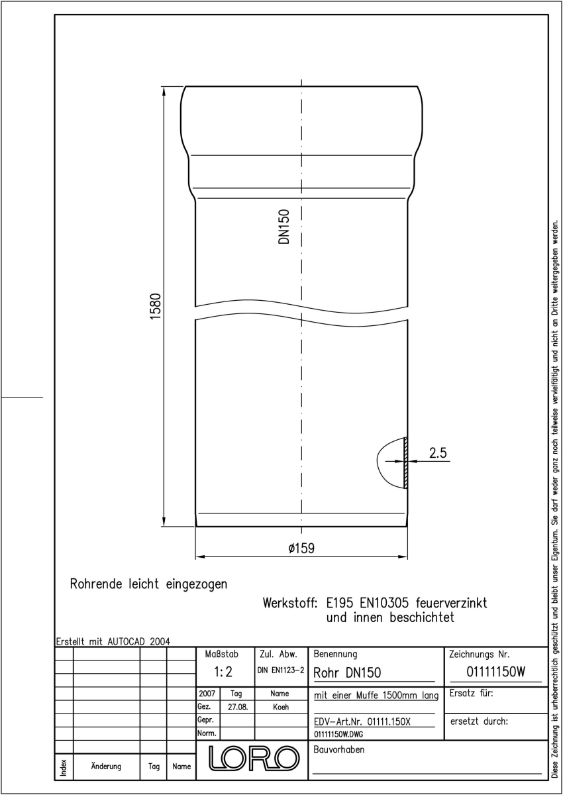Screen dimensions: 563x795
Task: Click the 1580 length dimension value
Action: (156, 306)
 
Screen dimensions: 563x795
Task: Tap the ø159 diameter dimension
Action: (301, 549)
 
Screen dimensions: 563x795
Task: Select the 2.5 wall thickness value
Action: (438, 453)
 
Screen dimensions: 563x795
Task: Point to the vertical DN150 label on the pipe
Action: (284, 227)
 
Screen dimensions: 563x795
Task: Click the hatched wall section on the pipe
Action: (406, 463)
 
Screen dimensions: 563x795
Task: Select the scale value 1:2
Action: (223, 672)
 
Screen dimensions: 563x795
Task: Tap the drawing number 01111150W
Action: (495, 672)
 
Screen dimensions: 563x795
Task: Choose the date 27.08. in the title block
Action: (238, 707)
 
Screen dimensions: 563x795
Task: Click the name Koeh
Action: (281, 707)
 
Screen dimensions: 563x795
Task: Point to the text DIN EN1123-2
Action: (281, 670)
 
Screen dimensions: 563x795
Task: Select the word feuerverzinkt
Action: (451, 603)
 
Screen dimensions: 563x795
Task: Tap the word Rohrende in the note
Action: (96, 584)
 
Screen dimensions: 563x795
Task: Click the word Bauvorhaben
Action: (338, 749)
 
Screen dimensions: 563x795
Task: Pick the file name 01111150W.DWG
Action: (338, 734)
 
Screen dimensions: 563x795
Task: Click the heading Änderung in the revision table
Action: (106, 766)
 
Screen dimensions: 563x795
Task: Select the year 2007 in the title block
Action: (207, 693)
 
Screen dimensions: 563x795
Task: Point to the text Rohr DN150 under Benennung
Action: (347, 672)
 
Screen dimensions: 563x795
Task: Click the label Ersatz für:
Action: (471, 693)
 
